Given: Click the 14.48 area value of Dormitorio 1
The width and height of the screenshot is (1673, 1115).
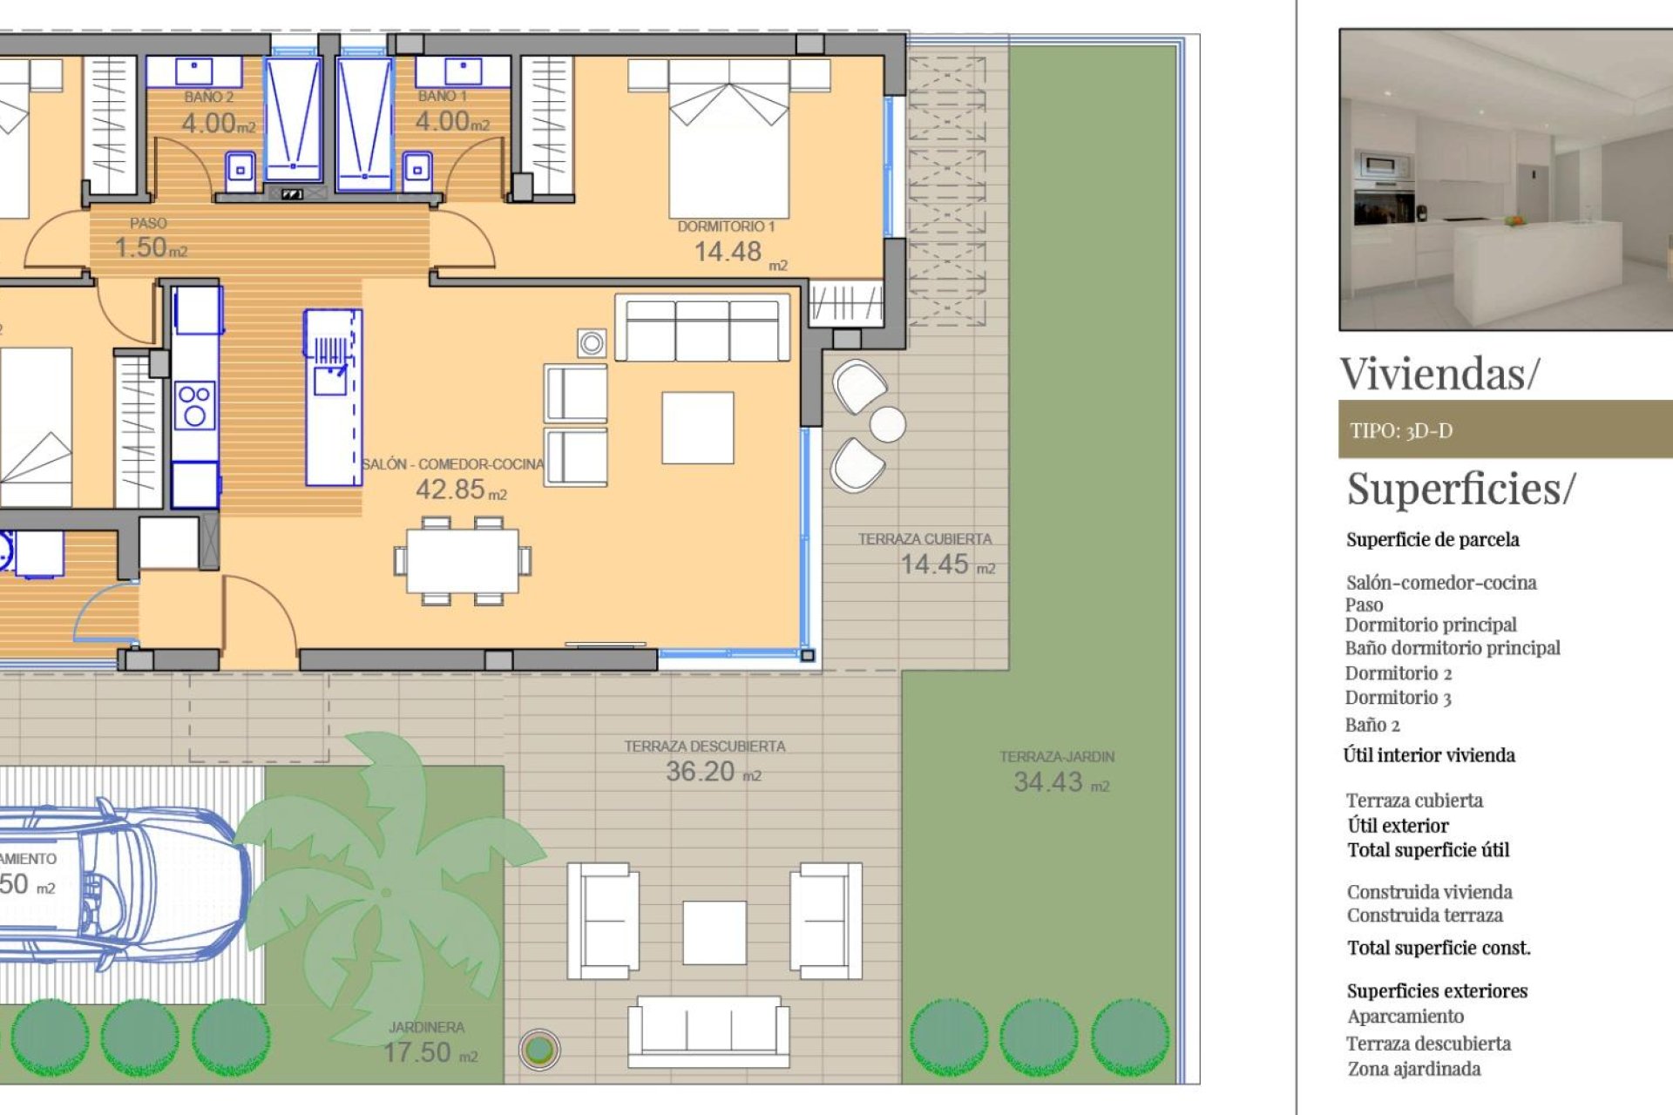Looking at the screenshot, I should coord(728,252).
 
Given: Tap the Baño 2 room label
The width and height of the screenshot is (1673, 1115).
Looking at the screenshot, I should coord(208,97).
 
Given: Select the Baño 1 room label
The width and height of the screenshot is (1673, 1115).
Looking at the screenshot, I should coord(442,96).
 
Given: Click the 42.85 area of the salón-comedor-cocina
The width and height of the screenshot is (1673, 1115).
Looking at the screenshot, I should coord(450,490).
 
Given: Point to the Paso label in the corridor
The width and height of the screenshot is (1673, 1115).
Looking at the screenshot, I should coord(148,224).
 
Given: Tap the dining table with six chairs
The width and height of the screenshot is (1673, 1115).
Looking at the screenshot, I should coord(462,562).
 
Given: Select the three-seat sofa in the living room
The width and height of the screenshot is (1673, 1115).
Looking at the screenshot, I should coord(702,329).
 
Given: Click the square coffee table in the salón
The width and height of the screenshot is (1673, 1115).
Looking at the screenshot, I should coord(697,428).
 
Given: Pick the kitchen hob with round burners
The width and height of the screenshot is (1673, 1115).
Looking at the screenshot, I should coord(194,406).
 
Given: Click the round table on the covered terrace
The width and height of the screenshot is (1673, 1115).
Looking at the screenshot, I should coord(887,424).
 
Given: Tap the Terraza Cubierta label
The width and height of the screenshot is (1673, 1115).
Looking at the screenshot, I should coord(925,539).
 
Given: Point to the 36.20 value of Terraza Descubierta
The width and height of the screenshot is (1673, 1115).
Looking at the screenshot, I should coord(700,772).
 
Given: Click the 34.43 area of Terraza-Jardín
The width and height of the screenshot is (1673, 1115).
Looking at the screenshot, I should coord(1047,782).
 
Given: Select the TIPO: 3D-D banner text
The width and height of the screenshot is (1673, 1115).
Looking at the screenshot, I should coord(1401,430).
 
